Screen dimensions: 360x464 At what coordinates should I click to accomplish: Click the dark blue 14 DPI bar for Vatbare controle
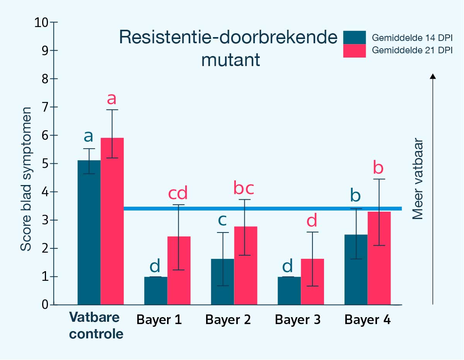point(89,232)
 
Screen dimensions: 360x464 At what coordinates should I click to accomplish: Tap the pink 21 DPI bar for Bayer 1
point(179,270)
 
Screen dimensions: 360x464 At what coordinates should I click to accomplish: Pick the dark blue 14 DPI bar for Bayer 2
point(222,282)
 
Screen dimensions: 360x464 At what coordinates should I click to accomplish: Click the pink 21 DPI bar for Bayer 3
point(312,282)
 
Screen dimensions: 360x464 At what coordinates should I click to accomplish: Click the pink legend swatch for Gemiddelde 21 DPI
point(354,51)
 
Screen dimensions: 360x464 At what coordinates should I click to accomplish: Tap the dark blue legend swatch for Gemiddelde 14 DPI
point(354,37)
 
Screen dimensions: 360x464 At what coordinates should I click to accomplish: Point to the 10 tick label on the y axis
point(43,22)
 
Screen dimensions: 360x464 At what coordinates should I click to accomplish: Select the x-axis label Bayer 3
point(298,320)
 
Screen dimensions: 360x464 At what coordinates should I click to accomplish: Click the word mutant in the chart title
point(230,60)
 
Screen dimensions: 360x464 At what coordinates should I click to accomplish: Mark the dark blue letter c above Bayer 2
point(222,219)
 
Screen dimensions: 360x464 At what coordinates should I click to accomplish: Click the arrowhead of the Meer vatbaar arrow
point(433,76)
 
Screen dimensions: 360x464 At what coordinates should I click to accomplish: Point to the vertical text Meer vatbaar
point(418,179)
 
